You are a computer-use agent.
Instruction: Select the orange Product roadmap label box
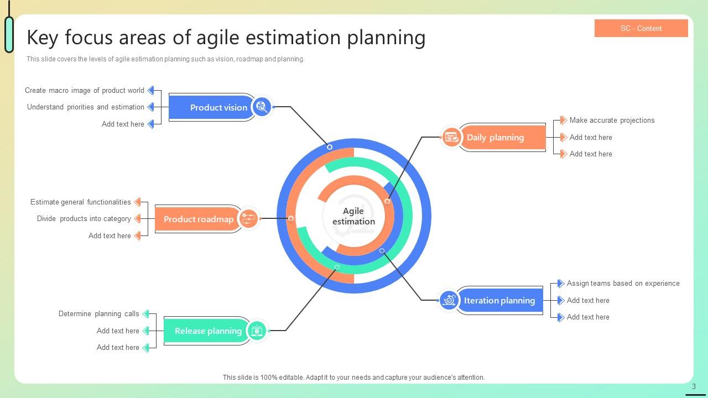click(x=196, y=219)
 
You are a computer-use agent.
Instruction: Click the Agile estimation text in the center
click(x=353, y=216)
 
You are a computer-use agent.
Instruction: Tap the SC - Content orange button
click(x=641, y=28)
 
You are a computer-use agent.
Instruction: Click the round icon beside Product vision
click(x=261, y=107)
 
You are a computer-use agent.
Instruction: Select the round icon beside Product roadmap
click(x=248, y=218)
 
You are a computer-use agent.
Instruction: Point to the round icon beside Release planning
click(x=257, y=331)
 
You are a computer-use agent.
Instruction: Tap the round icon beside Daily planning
click(x=451, y=137)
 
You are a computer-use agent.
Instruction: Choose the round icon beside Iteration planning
click(x=449, y=300)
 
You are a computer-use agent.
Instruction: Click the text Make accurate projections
click(x=612, y=120)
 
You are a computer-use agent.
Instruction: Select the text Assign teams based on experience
click(x=623, y=283)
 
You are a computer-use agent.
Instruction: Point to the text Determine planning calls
click(x=99, y=313)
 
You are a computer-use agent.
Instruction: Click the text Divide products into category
click(x=84, y=218)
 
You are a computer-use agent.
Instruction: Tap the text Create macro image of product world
click(x=85, y=90)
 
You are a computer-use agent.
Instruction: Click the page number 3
click(x=694, y=386)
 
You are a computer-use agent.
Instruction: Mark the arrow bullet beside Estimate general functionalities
click(x=137, y=202)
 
